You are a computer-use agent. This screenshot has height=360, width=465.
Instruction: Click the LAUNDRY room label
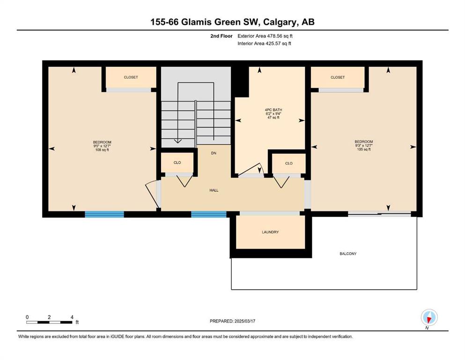tap(270, 232)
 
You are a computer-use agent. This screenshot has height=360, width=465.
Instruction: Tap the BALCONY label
tap(348, 254)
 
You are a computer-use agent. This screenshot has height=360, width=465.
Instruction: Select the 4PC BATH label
tap(273, 110)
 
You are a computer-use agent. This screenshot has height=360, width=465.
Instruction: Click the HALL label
tap(214, 190)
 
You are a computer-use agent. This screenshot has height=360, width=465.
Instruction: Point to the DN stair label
tap(214, 153)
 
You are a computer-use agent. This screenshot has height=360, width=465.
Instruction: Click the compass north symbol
tap(429, 317)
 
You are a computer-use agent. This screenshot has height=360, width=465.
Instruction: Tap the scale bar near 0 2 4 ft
tap(49, 322)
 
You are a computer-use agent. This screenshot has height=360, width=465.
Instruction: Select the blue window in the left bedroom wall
tap(104, 214)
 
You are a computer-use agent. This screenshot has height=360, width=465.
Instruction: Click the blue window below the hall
tap(209, 214)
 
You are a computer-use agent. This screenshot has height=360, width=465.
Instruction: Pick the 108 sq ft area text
tap(102, 150)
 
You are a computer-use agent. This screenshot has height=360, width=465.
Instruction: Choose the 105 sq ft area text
tap(363, 149)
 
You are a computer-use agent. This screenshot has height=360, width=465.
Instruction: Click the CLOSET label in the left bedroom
tap(131, 77)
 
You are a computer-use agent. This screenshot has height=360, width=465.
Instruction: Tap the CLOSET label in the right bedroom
tap(338, 77)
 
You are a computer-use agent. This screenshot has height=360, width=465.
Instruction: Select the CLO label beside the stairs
tap(177, 163)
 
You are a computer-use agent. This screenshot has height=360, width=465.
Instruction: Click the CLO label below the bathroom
tap(288, 163)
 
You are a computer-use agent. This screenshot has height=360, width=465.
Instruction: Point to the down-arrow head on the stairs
tap(177, 141)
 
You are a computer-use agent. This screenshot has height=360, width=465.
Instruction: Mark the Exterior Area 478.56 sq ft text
tap(265, 36)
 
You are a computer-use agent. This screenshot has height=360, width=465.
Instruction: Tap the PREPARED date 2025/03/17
tap(244, 321)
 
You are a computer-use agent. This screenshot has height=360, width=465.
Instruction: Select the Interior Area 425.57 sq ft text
tap(264, 44)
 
